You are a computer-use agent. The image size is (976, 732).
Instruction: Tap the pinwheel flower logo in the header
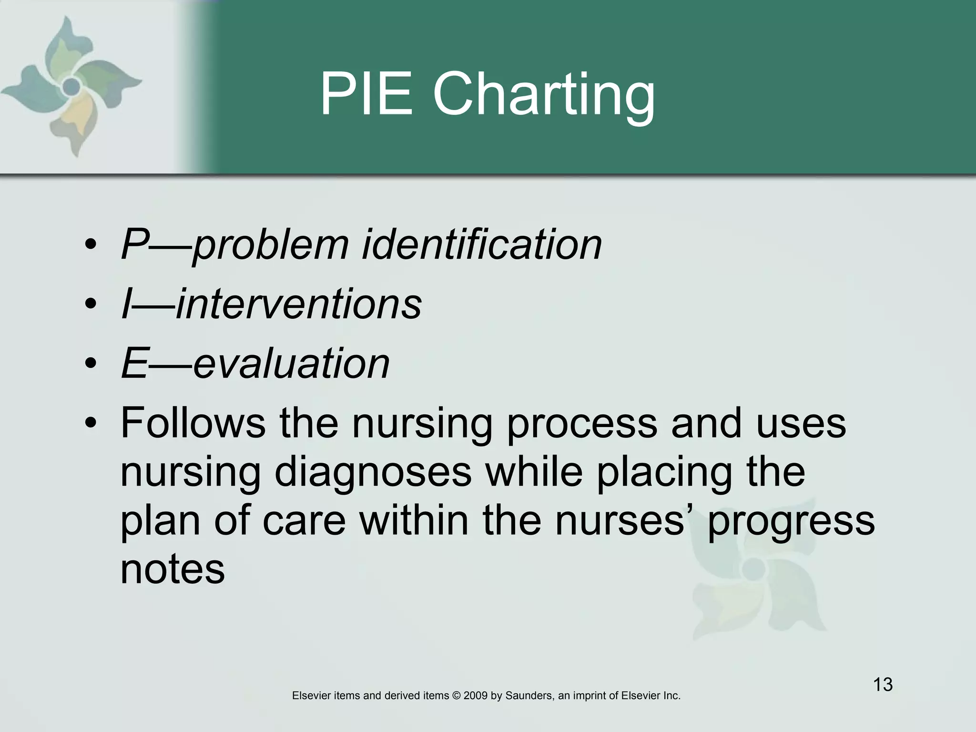pos(71,86)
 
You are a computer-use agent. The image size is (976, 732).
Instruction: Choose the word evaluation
pos(291,363)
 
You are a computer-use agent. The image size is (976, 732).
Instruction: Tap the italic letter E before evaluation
pos(134,363)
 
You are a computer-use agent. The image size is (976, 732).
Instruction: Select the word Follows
pos(193,423)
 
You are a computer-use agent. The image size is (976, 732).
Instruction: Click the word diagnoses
pos(373,474)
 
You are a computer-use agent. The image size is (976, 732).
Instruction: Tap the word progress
pos(792,522)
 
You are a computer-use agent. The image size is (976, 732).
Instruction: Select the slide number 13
pos(883,684)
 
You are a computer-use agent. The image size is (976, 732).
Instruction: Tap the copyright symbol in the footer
pos(456,696)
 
